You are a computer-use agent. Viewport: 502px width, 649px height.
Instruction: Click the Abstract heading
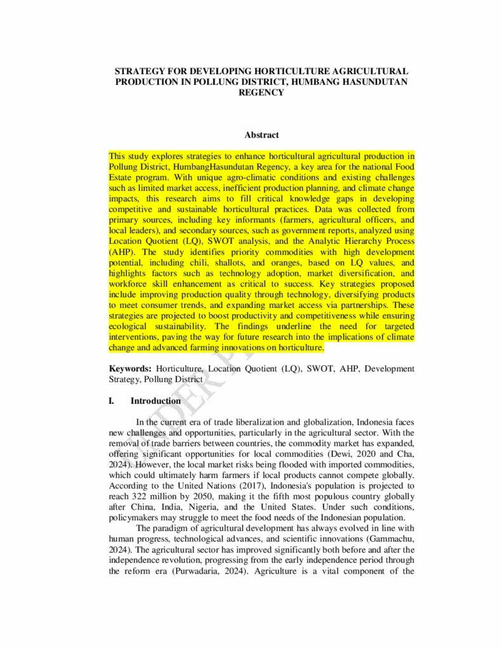tap(261, 135)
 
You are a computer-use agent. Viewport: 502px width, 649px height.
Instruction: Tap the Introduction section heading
tap(155, 401)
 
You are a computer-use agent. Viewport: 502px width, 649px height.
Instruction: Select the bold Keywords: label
tap(130, 368)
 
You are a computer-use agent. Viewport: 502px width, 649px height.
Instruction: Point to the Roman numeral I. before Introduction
tap(112, 401)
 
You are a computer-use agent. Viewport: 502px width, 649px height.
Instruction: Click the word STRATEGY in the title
tap(139, 72)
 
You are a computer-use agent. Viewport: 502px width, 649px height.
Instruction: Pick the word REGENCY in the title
tap(261, 92)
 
